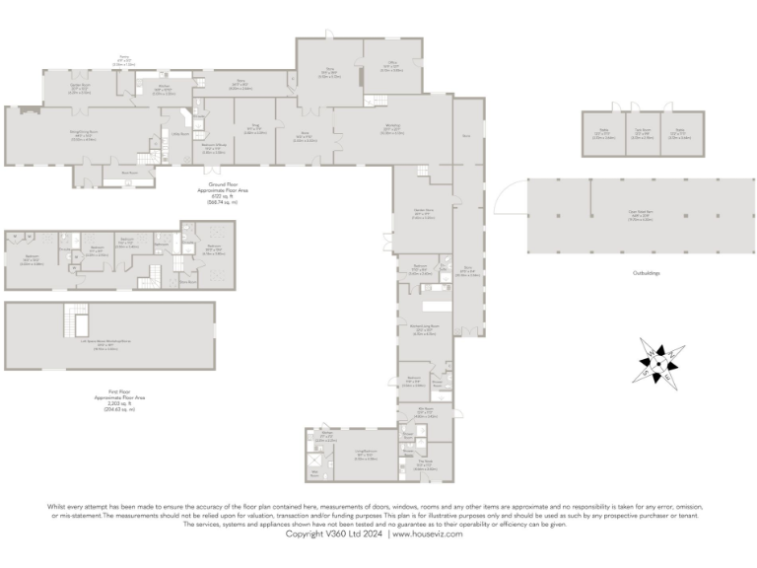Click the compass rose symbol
tap(654, 361)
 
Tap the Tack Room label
tap(643, 130)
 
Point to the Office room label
tap(391, 67)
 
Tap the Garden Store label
tap(423, 213)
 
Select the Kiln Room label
tap(426, 411)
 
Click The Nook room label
tap(426, 466)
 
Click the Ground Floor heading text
tap(211, 185)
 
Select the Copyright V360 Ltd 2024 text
tap(335, 533)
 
